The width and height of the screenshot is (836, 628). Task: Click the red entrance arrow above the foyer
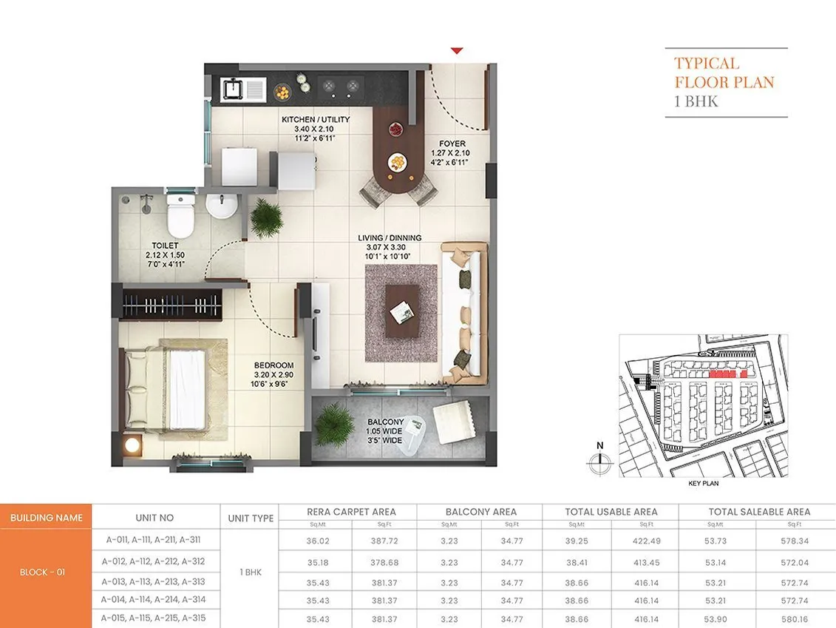457,51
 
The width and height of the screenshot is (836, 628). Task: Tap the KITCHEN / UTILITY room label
316,120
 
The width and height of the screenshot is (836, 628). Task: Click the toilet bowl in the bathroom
180,213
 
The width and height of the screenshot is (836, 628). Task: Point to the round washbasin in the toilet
220,206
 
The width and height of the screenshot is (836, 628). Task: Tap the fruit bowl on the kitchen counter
282,92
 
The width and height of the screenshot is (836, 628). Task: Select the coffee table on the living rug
402,311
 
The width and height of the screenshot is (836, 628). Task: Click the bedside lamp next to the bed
132,445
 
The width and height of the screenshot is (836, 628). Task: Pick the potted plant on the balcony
334,424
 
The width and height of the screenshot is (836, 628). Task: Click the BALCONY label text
386,422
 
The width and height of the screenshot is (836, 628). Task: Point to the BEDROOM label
273,365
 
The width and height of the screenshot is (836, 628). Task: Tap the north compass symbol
600,462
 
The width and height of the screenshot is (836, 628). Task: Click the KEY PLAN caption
703,483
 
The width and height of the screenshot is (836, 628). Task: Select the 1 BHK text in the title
696,101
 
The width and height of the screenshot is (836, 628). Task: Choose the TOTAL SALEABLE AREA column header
759,512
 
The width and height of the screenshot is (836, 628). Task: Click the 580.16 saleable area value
795,618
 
